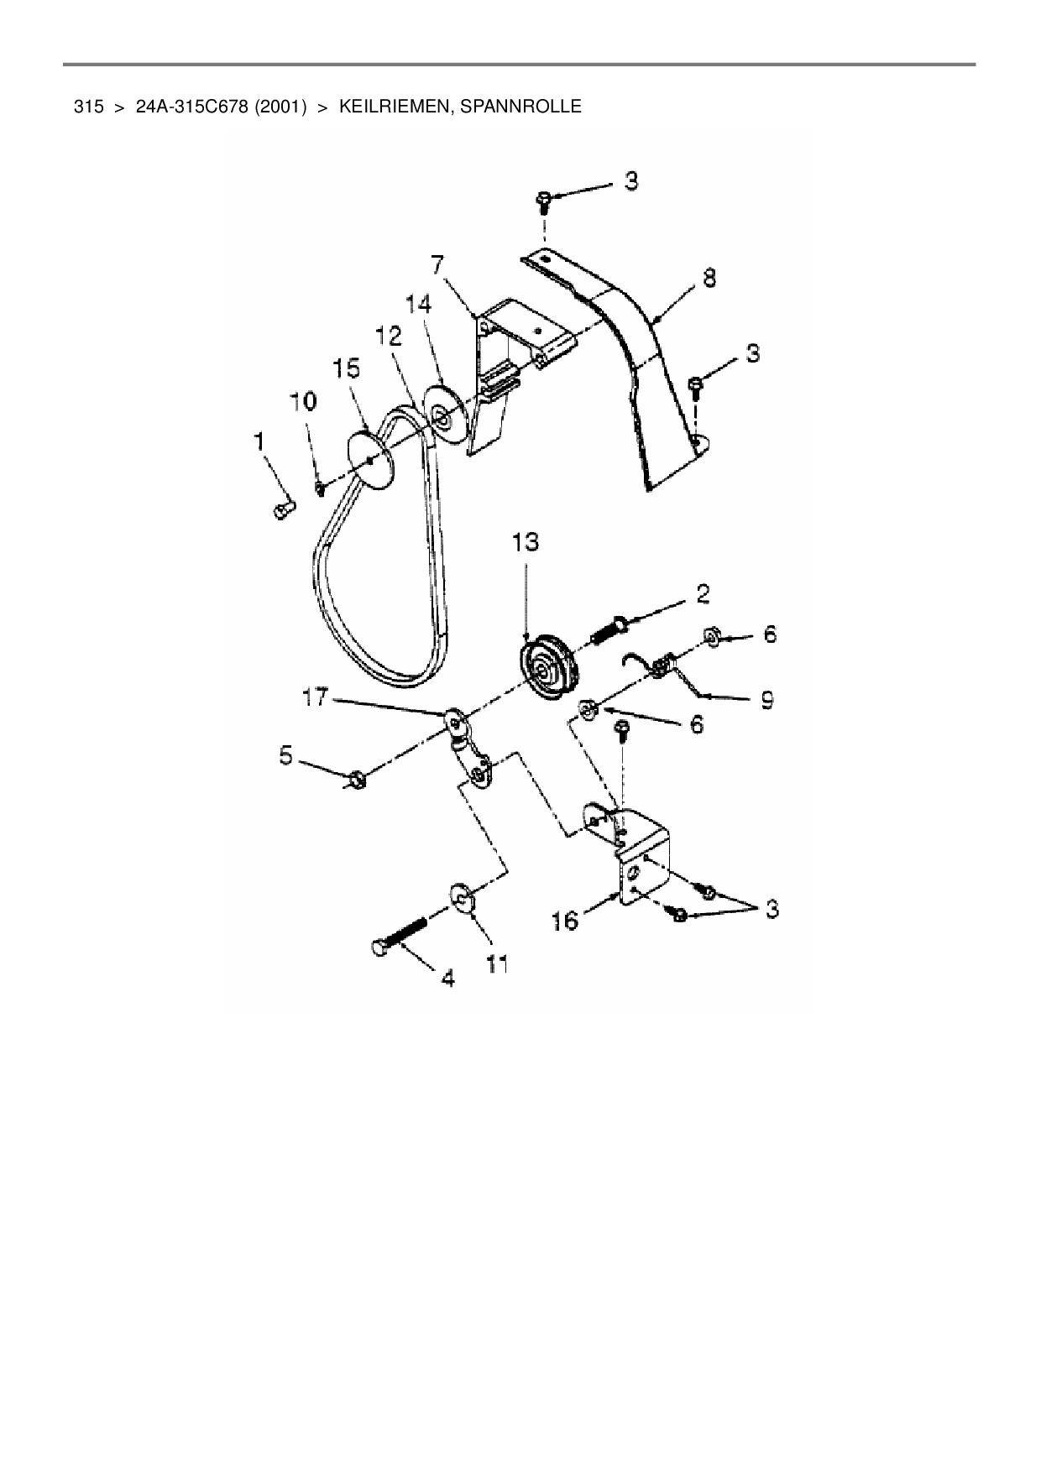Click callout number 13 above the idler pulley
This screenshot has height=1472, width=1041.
526,543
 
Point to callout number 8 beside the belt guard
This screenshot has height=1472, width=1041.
709,278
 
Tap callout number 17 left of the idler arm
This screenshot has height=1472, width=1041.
315,697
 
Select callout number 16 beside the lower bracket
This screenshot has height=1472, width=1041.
566,921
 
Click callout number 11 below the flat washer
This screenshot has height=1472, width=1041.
498,964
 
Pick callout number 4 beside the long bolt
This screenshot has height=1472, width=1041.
447,977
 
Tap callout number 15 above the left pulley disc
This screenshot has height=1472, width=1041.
347,368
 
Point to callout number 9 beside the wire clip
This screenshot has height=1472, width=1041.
766,699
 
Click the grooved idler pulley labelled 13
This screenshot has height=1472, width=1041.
547,669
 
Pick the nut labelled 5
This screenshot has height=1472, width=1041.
356,780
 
